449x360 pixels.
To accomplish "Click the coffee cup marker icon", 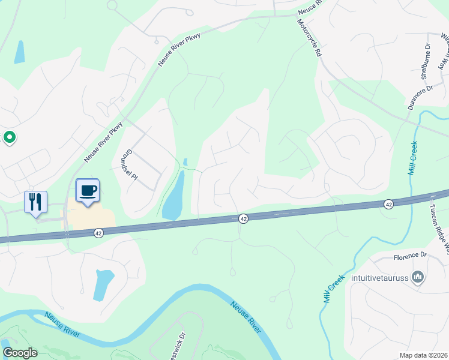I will tap(88, 191).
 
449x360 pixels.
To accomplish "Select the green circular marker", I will tap(10, 138).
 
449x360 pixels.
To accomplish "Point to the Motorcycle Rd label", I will tap(309, 37).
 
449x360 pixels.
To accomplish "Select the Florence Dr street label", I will tap(409, 258).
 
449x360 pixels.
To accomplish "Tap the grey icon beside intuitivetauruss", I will tap(419, 277).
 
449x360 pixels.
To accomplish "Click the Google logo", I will tap(20, 353).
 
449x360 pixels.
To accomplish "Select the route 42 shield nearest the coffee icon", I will tap(99, 232).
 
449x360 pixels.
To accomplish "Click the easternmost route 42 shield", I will tap(388, 205).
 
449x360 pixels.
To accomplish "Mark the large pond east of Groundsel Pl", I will tap(173, 196).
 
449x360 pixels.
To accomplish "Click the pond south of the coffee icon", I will tap(103, 284).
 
